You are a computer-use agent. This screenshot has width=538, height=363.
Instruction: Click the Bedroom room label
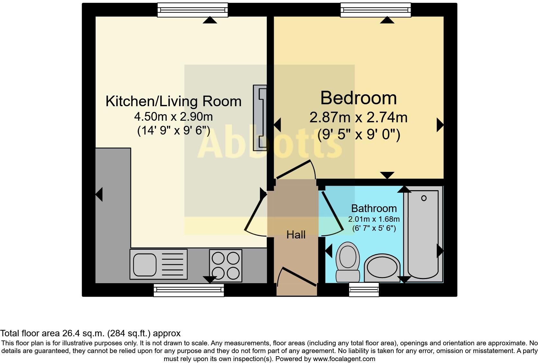click(358, 98)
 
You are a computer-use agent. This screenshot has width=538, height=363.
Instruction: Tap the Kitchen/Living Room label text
click(173, 101)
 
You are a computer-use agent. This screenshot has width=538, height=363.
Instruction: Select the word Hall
click(296, 235)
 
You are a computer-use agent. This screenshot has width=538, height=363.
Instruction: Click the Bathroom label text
click(374, 209)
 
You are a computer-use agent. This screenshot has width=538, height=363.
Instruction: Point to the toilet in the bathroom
click(348, 261)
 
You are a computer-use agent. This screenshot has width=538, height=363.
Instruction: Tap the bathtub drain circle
click(424, 198)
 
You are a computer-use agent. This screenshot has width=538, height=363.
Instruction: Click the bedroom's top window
click(376, 10)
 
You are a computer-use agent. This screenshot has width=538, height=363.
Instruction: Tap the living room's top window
click(192, 10)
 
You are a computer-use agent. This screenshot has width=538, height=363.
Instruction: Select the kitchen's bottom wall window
click(189, 290)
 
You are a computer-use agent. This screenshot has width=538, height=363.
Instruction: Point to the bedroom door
click(296, 169)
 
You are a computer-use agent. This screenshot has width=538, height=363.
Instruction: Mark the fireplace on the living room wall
click(260, 118)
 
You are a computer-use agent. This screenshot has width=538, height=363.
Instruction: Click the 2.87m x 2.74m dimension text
click(358, 117)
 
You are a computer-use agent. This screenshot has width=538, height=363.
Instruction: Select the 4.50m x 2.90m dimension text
click(173, 116)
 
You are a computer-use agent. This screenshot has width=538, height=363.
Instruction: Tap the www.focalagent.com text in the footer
click(344, 358)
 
